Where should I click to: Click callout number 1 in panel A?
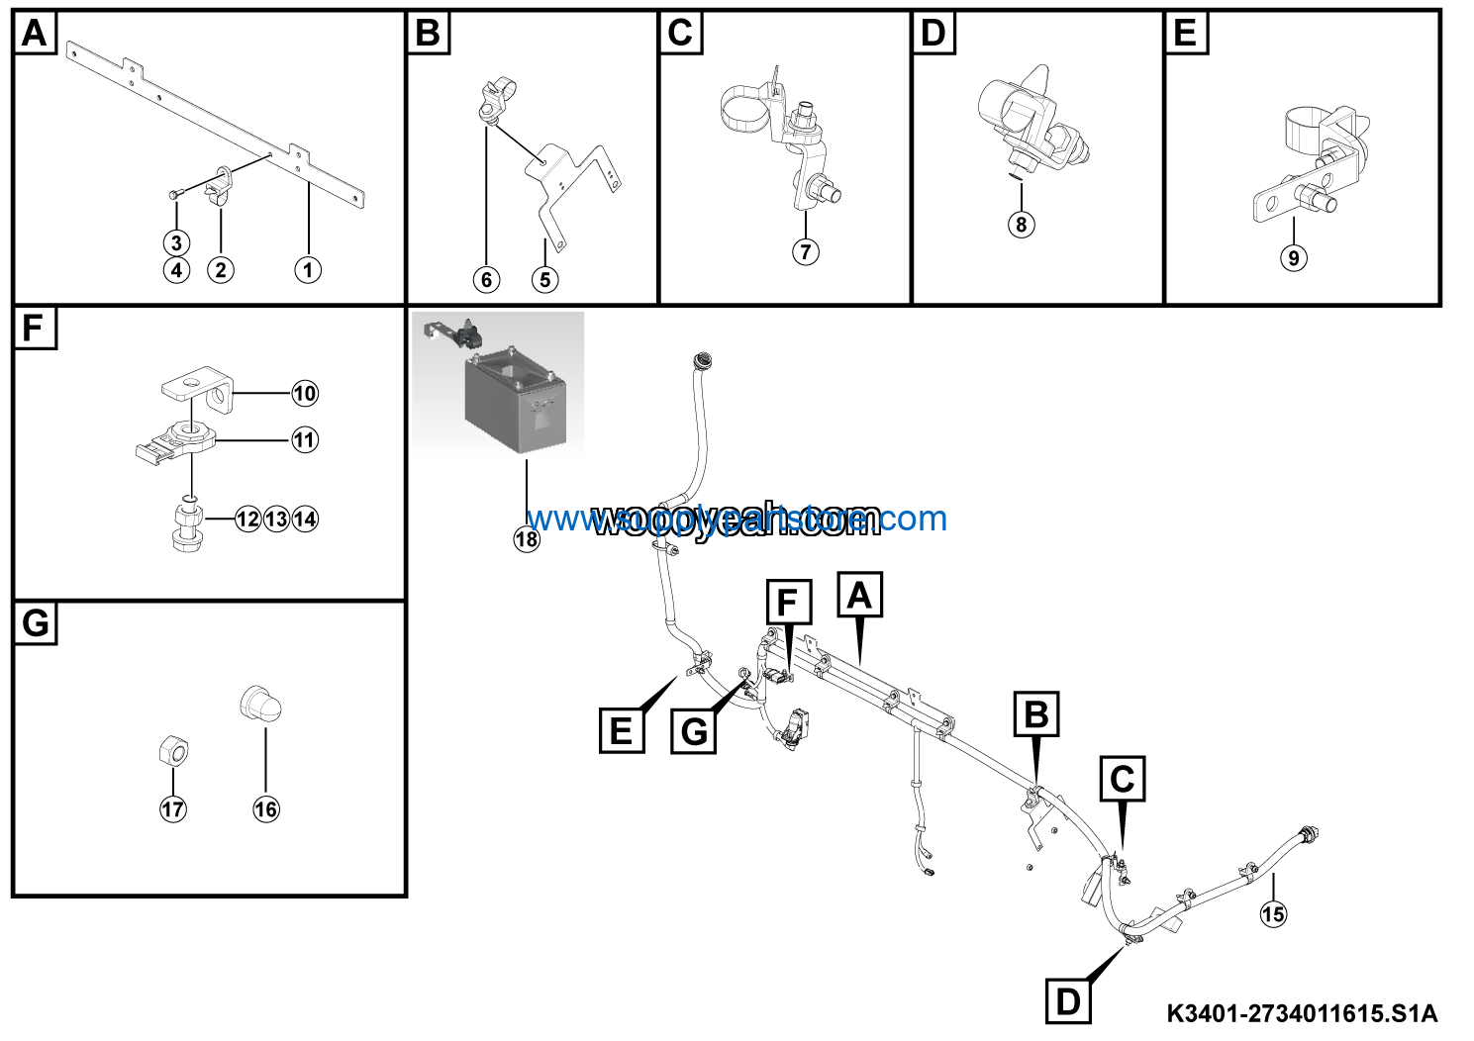tap(308, 269)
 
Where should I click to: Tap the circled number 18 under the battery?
tap(527, 539)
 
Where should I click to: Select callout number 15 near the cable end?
tap(1273, 913)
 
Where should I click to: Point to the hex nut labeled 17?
tap(174, 753)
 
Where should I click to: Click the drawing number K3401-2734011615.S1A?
tap(1301, 1013)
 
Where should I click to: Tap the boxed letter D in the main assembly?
tap(1068, 1000)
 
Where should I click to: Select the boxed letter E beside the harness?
tap(622, 730)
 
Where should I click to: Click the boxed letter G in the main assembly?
tap(695, 731)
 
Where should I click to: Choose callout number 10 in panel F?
tap(305, 394)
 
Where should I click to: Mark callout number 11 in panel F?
tap(305, 440)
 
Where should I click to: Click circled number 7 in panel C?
tap(806, 251)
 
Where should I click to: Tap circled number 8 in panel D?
tap(1022, 224)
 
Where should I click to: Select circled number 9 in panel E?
tap(1293, 258)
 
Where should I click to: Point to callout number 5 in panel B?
tap(545, 280)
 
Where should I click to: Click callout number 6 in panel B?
tap(486, 280)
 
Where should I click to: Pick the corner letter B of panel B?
tap(428, 33)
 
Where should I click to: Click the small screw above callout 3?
tap(174, 194)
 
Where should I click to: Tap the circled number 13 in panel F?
tap(277, 519)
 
